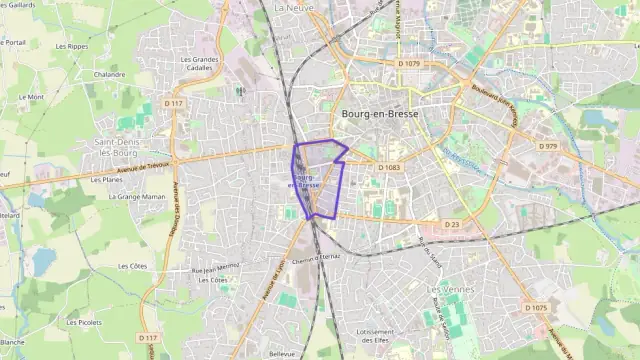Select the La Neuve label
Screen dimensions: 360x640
pyautogui.click(x=293, y=7)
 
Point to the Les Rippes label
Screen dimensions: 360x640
pyautogui.click(x=71, y=46)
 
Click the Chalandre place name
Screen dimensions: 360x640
pyautogui.click(x=109, y=74)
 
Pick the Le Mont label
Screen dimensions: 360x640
pyautogui.click(x=31, y=97)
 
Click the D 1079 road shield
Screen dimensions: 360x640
pyautogui.click(x=409, y=64)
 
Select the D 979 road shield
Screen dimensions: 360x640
pyautogui.click(x=547, y=146)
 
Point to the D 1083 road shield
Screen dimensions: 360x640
pyautogui.click(x=389, y=168)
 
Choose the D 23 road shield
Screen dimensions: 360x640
pyautogui.click(x=452, y=225)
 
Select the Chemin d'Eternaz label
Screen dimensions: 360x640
pyautogui.click(x=317, y=256)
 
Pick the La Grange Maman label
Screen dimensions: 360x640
pyautogui.click(x=139, y=197)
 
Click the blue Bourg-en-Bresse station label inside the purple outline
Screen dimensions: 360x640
pyautogui.click(x=304, y=181)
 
